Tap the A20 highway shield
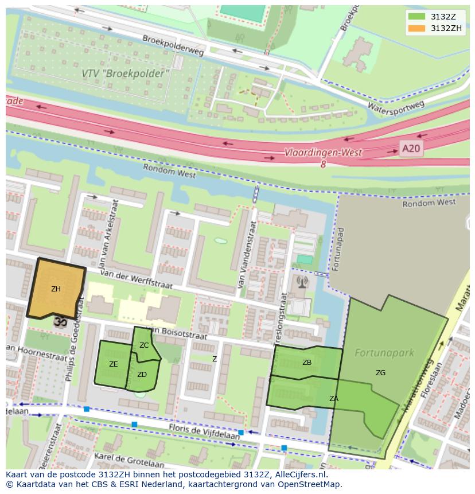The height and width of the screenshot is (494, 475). pos(411,149)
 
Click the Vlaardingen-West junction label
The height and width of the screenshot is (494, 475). pos(323,153)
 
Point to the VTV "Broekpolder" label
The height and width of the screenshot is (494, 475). pos(126,73)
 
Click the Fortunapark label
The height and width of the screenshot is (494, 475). pos(384,352)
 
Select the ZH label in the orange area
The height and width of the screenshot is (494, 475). pos(56,289)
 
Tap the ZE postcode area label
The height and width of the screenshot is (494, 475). pos(114,364)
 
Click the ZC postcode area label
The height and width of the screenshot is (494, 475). pos(144,345)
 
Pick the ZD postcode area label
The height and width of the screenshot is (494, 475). pos(142,375)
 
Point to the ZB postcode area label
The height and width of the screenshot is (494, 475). pos(307,363)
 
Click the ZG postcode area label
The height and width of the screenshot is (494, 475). pos(380,373)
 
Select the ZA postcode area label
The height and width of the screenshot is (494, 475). pos(333,398)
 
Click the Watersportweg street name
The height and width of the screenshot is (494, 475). pos(395,106)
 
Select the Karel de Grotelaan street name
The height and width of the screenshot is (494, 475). pos(129,460)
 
